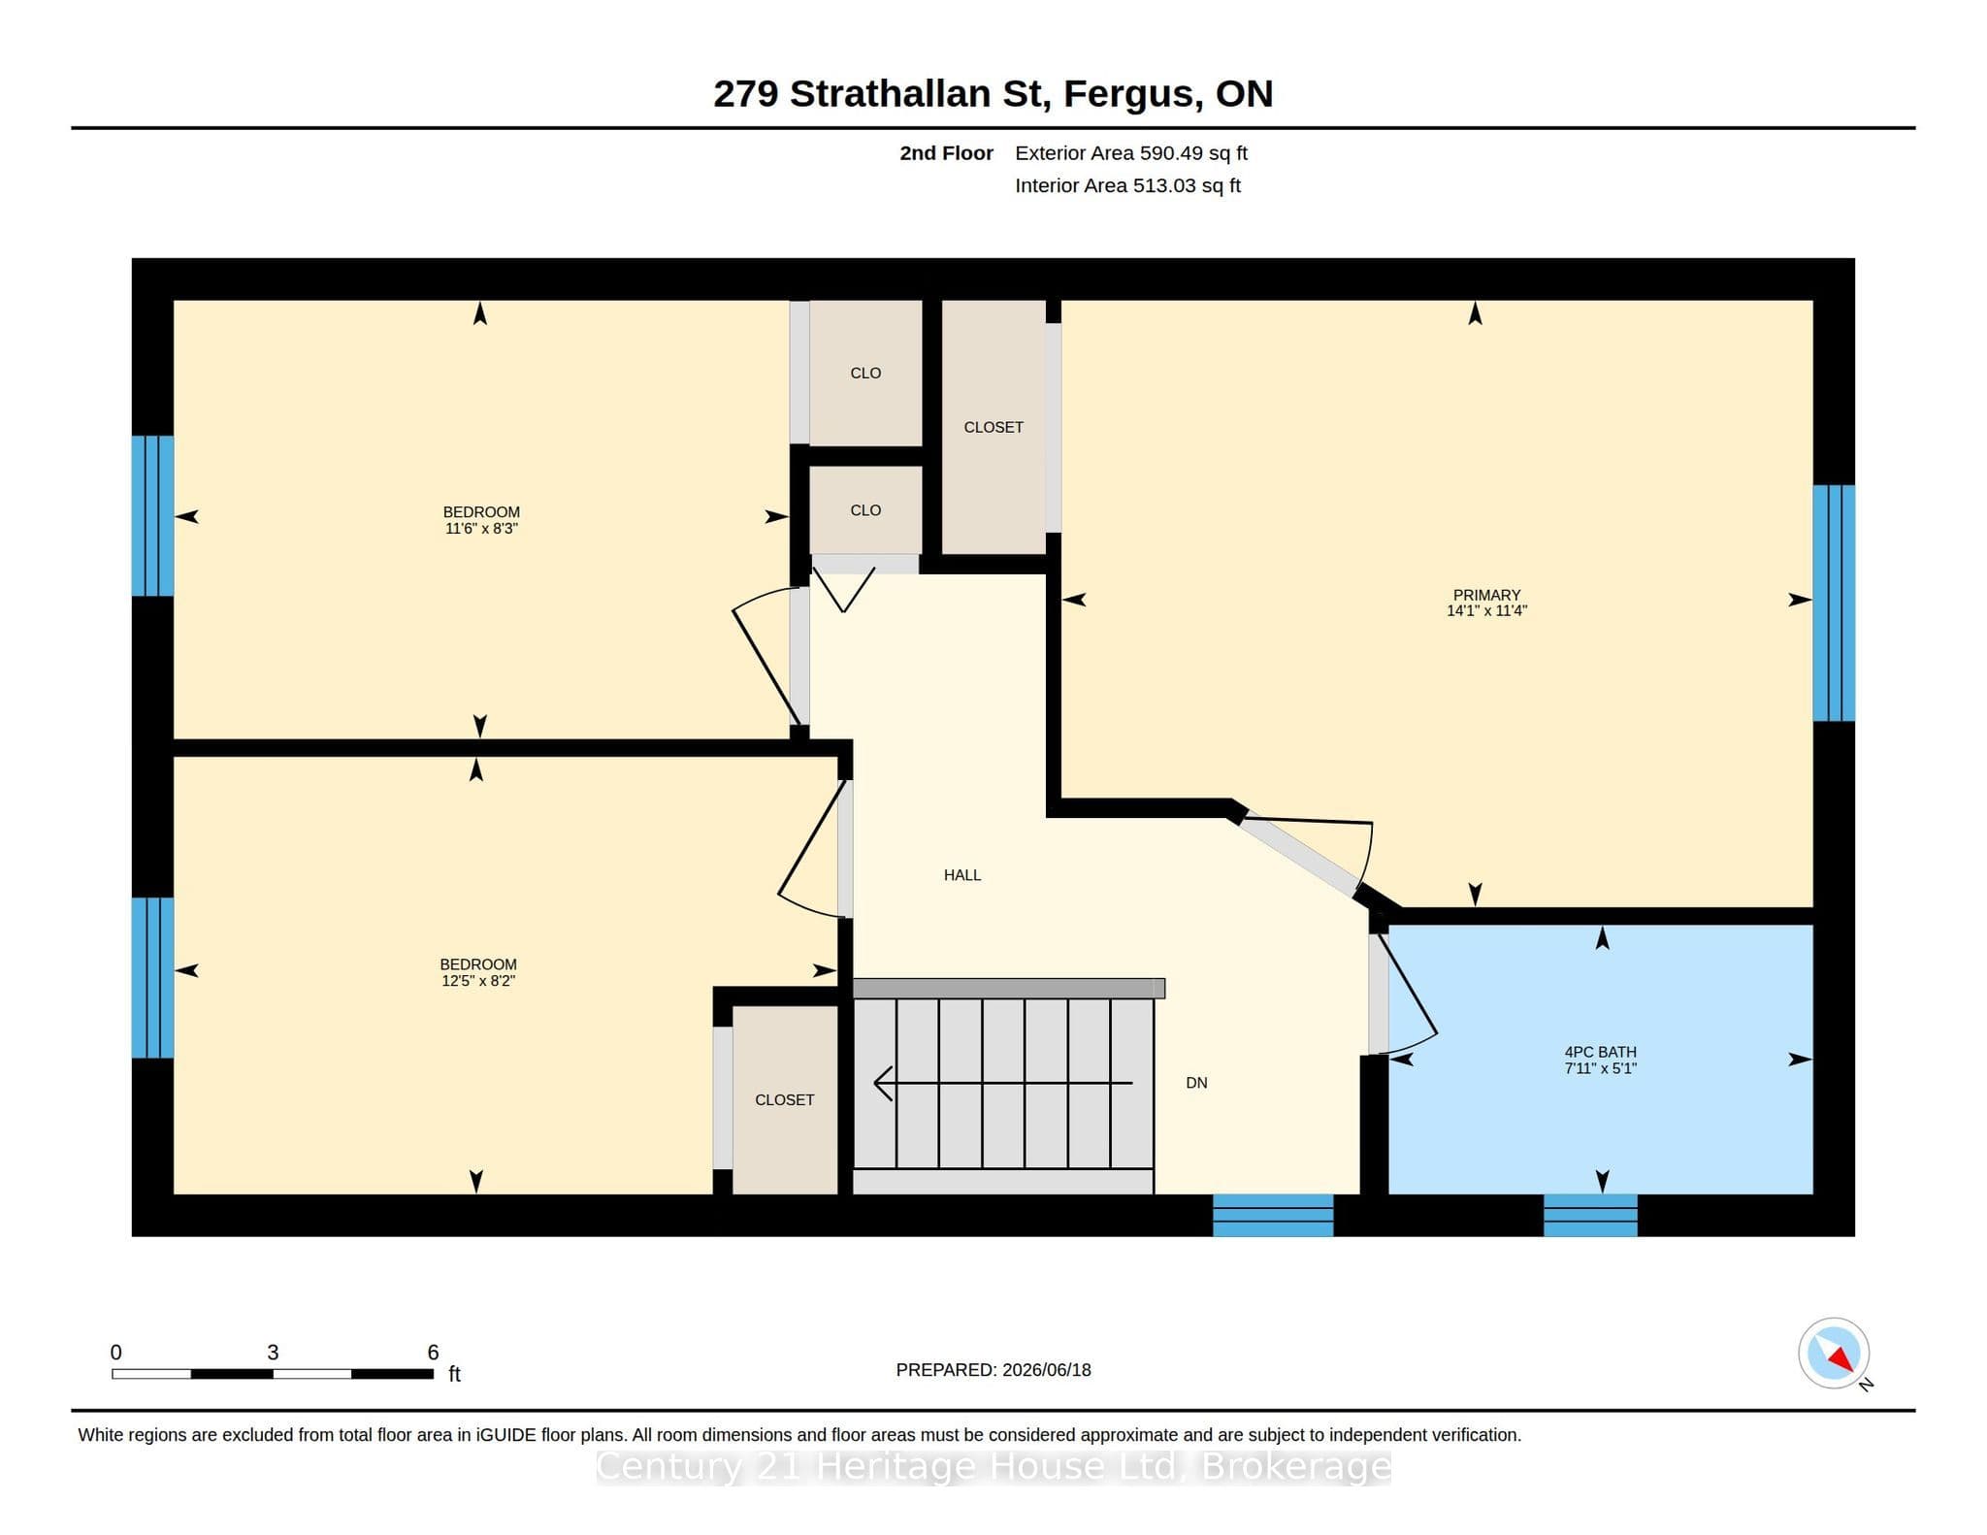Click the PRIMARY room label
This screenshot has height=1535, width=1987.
tap(1486, 595)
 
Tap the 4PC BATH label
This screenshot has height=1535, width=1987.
tap(1600, 1052)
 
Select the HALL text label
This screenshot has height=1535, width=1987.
tap(962, 875)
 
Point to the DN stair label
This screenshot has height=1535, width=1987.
tap(1196, 1083)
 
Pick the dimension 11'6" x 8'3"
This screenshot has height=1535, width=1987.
tap(481, 529)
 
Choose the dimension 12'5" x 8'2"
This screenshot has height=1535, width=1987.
tap(477, 981)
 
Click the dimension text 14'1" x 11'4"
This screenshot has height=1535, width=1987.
tap(1486, 611)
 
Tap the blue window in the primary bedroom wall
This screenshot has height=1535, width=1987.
tap(1834, 604)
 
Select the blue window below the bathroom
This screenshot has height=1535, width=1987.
tap(1590, 1215)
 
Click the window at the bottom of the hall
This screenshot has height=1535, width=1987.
tap(1273, 1215)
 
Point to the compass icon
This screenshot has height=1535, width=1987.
tap(1834, 1354)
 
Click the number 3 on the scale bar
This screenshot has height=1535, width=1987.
tap(273, 1353)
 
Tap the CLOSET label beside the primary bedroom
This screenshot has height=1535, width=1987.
tap(993, 427)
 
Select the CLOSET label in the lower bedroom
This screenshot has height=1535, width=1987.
tap(785, 1100)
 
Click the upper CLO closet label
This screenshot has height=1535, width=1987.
tap(865, 374)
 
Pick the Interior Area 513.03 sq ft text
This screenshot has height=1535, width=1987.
tap(1127, 185)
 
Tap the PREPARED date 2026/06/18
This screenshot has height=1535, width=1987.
tap(1047, 1370)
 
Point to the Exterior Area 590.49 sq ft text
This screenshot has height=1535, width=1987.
tap(1131, 153)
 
